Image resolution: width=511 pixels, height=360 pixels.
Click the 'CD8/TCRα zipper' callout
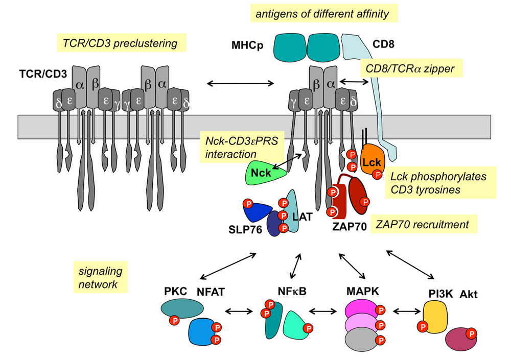(x=410, y=68)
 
